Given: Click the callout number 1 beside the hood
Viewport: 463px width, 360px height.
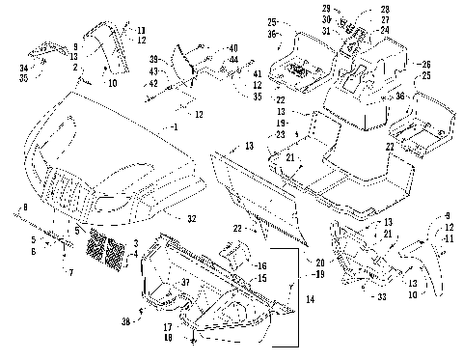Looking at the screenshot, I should [176, 127].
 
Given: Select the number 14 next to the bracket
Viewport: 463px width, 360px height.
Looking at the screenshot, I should [310, 300].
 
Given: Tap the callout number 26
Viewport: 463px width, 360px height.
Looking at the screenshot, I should [424, 66].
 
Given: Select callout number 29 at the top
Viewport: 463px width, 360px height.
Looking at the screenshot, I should [327, 10].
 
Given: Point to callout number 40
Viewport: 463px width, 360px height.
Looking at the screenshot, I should [233, 48].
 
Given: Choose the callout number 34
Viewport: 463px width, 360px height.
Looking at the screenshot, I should [23, 68].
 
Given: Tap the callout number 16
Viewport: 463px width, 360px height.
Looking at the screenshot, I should [261, 263].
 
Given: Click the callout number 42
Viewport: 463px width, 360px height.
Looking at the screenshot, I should [179, 83].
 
